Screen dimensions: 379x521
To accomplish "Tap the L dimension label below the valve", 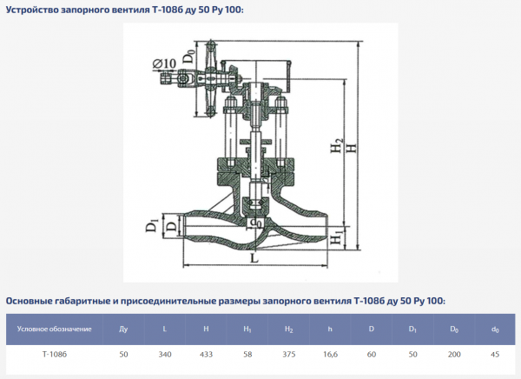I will pyautogui.click(x=253, y=259).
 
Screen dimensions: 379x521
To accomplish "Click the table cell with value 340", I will pyautogui.click(x=164, y=355).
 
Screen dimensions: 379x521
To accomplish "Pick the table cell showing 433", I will pyautogui.click(x=206, y=355).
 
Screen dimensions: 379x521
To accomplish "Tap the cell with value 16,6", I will pyautogui.click(x=330, y=355).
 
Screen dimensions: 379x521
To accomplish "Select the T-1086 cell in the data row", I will pyautogui.click(x=55, y=355).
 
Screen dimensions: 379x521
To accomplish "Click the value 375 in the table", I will pyautogui.click(x=288, y=355).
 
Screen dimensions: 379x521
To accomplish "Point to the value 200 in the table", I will pyautogui.click(x=453, y=355).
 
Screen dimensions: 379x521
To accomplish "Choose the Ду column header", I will pyautogui.click(x=122, y=329).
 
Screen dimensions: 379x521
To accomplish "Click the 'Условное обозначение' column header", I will pyautogui.click(x=55, y=329).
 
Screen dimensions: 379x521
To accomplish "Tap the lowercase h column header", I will pyautogui.click(x=330, y=329).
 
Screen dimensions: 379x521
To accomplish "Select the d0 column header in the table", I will pyautogui.click(x=495, y=329).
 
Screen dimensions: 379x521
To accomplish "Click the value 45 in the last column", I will pyautogui.click(x=495, y=355).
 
